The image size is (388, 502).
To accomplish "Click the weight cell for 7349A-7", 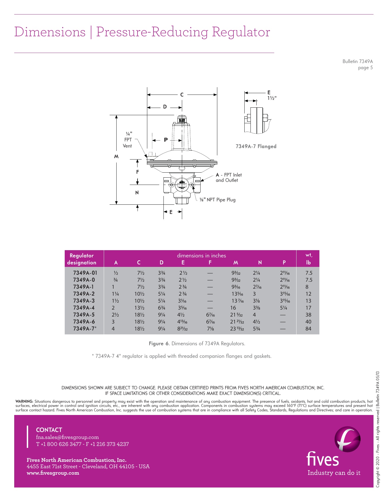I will [x=308, y=329].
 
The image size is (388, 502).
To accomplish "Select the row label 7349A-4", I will [x=84, y=308].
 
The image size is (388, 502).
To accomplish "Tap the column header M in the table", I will [x=236, y=262].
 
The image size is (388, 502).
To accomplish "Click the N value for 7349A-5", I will [x=254, y=315].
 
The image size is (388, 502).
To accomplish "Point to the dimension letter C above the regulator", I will [x=182, y=95].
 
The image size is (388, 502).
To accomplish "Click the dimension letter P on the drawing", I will [x=166, y=140].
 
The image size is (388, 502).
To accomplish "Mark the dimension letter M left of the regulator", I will [x=116, y=157].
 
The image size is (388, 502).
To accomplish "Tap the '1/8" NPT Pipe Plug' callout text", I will [x=218, y=200].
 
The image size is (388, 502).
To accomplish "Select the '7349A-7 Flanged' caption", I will [x=256, y=146].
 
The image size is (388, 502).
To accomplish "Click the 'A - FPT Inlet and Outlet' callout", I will [x=229, y=178].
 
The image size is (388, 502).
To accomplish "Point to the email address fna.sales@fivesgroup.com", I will [x=68, y=437].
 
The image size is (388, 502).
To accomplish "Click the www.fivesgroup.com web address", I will [x=53, y=473].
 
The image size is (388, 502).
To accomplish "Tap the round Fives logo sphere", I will [x=347, y=439].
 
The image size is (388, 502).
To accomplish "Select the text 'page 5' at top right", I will [x=365, y=68].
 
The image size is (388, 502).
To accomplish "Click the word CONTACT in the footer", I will [x=49, y=430].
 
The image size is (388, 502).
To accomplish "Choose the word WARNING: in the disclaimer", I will [x=25, y=402].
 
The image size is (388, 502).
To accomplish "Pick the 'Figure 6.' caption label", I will [x=159, y=344].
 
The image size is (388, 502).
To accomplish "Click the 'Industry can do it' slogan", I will [x=334, y=473].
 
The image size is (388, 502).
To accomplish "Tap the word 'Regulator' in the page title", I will [x=241, y=32].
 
